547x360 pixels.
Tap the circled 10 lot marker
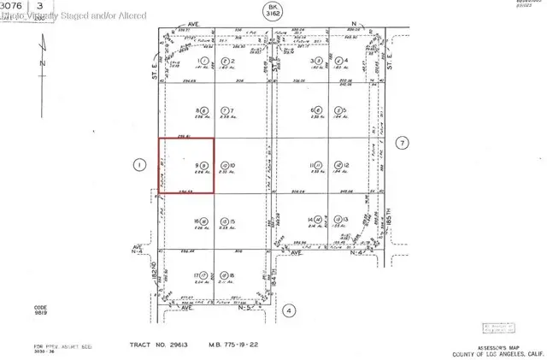coord(224,165)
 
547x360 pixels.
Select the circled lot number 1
coord(205,62)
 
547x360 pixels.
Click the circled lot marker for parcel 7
coord(224,111)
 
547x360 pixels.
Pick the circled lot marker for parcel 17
coord(205,275)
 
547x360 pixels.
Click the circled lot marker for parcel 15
coord(224,221)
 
